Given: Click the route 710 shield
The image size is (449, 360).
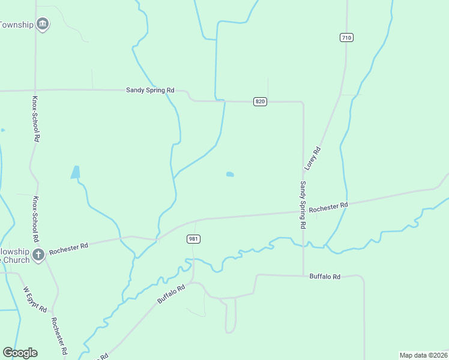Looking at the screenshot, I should [346, 37].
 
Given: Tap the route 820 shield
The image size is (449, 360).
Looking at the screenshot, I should [260, 101].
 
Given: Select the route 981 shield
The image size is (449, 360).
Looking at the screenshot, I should [193, 239].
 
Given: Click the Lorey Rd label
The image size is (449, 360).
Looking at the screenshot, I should [314, 157].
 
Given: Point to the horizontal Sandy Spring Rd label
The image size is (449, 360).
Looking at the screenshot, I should [150, 90].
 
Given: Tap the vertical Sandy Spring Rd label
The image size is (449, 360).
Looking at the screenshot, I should [303, 205].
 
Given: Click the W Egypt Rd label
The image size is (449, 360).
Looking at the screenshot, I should [35, 299].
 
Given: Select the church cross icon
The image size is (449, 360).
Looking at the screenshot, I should [38, 254].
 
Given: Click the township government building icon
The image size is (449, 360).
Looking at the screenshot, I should [42, 24].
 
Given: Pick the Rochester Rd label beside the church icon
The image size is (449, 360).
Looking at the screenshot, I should [69, 247].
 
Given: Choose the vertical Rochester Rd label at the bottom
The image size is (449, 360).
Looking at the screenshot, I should [59, 338].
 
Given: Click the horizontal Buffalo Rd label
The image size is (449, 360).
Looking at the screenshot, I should [325, 277].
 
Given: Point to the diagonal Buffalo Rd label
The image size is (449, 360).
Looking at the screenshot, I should [171, 293].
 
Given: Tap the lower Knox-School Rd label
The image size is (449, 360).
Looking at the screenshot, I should [35, 215].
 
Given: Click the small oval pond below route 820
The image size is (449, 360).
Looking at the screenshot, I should [230, 175].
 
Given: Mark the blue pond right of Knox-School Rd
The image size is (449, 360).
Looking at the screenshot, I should [76, 172].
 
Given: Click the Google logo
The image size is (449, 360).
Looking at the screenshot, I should [20, 353].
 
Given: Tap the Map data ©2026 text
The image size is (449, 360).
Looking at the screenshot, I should [424, 355].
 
